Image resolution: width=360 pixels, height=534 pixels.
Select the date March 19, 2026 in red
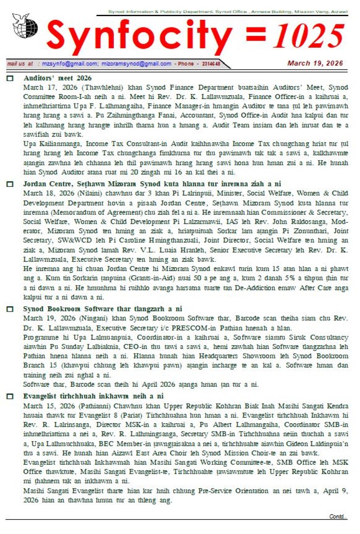tap(315, 63)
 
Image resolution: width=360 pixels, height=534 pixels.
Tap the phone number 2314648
tap(211, 64)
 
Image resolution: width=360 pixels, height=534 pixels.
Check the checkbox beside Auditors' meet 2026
tap(10, 79)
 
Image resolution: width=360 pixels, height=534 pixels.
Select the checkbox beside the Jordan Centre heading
tap(10, 184)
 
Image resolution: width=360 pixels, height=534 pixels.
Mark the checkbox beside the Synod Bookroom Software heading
tap(10, 309)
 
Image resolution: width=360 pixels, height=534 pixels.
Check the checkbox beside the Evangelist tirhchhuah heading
tap(10, 397)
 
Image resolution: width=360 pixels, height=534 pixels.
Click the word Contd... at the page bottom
tap(338, 516)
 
